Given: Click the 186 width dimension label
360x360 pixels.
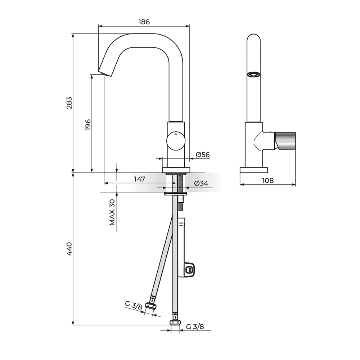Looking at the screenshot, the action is (144, 22).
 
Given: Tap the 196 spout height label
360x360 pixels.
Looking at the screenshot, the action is (88, 125).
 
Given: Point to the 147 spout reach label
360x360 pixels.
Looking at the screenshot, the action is (140, 179).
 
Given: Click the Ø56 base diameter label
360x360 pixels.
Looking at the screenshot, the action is (203, 155).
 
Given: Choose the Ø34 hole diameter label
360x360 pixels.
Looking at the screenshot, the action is (201, 183).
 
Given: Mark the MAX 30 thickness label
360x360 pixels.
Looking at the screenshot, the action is (112, 212).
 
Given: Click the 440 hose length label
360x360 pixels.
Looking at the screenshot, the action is (69, 249).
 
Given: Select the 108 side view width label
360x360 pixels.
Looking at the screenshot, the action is (268, 180).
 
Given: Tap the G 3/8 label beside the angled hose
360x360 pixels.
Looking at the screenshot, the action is (134, 305).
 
